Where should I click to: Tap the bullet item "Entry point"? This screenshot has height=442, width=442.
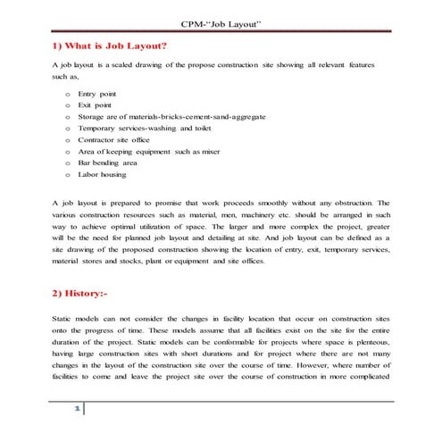tap(97, 94)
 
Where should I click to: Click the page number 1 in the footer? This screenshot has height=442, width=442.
tap(77, 409)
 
